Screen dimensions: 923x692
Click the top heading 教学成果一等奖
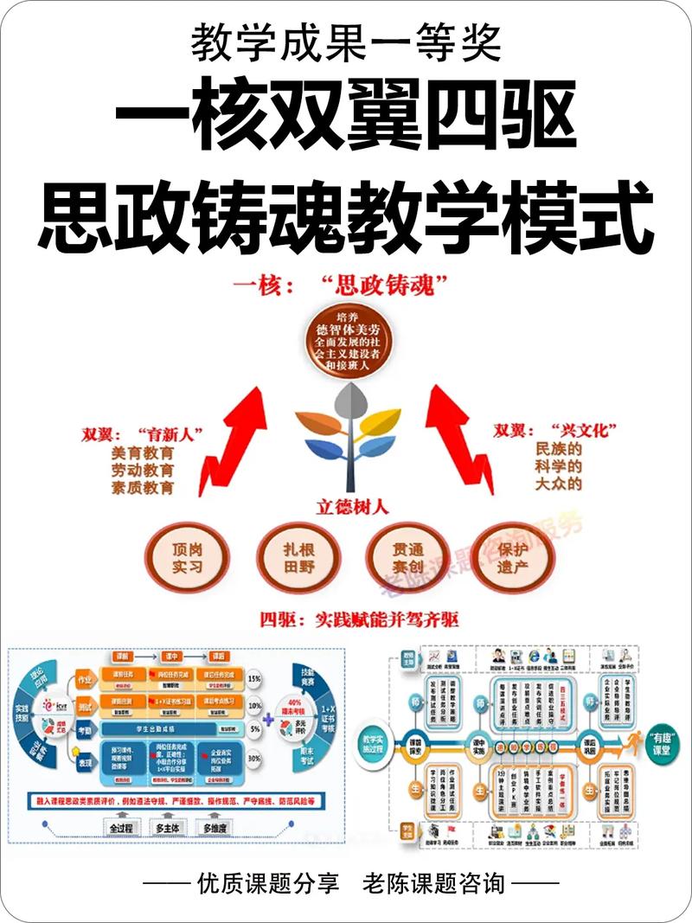345,41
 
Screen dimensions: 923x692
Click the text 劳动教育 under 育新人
141,470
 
